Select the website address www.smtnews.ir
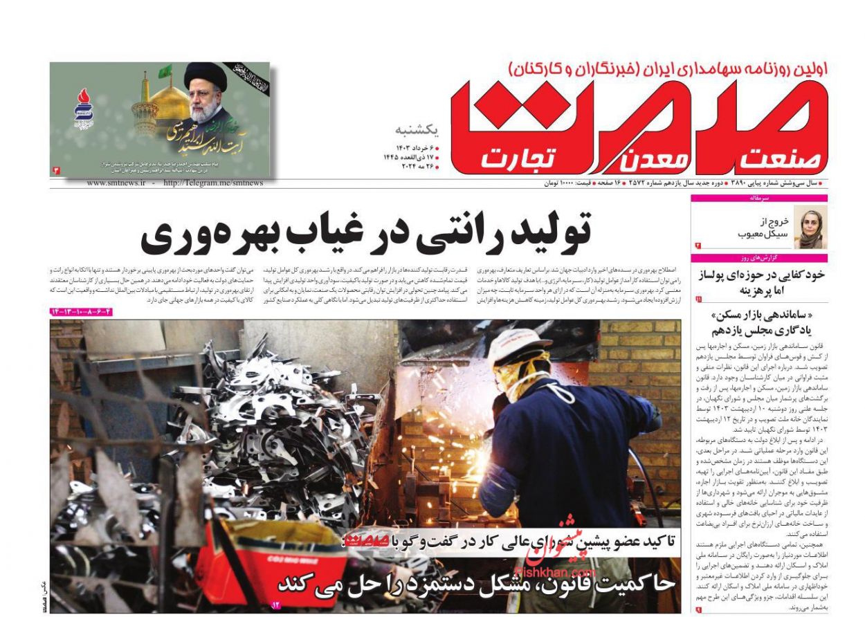tap(116, 183)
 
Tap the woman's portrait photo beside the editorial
tap(810, 227)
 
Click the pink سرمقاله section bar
tap(759, 198)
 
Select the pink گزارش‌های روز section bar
tap(759, 258)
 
